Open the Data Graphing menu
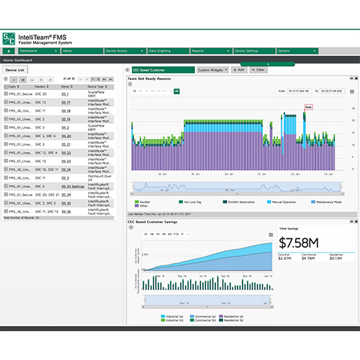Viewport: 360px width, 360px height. (159, 51)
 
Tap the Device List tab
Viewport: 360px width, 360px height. (16, 70)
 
